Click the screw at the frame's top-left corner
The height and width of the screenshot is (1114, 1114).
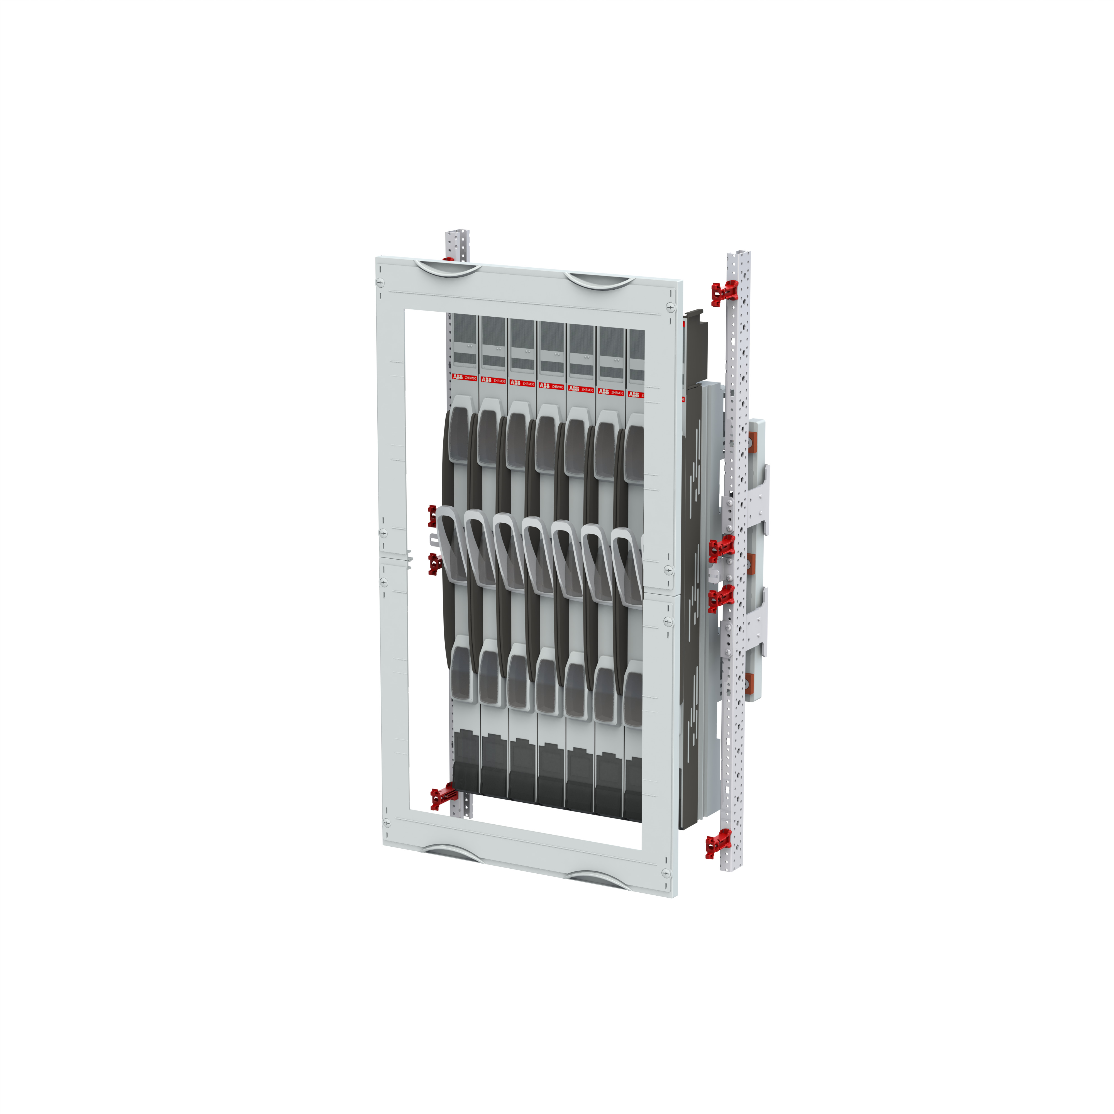380,282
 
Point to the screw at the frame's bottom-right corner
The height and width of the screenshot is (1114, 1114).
666,874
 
